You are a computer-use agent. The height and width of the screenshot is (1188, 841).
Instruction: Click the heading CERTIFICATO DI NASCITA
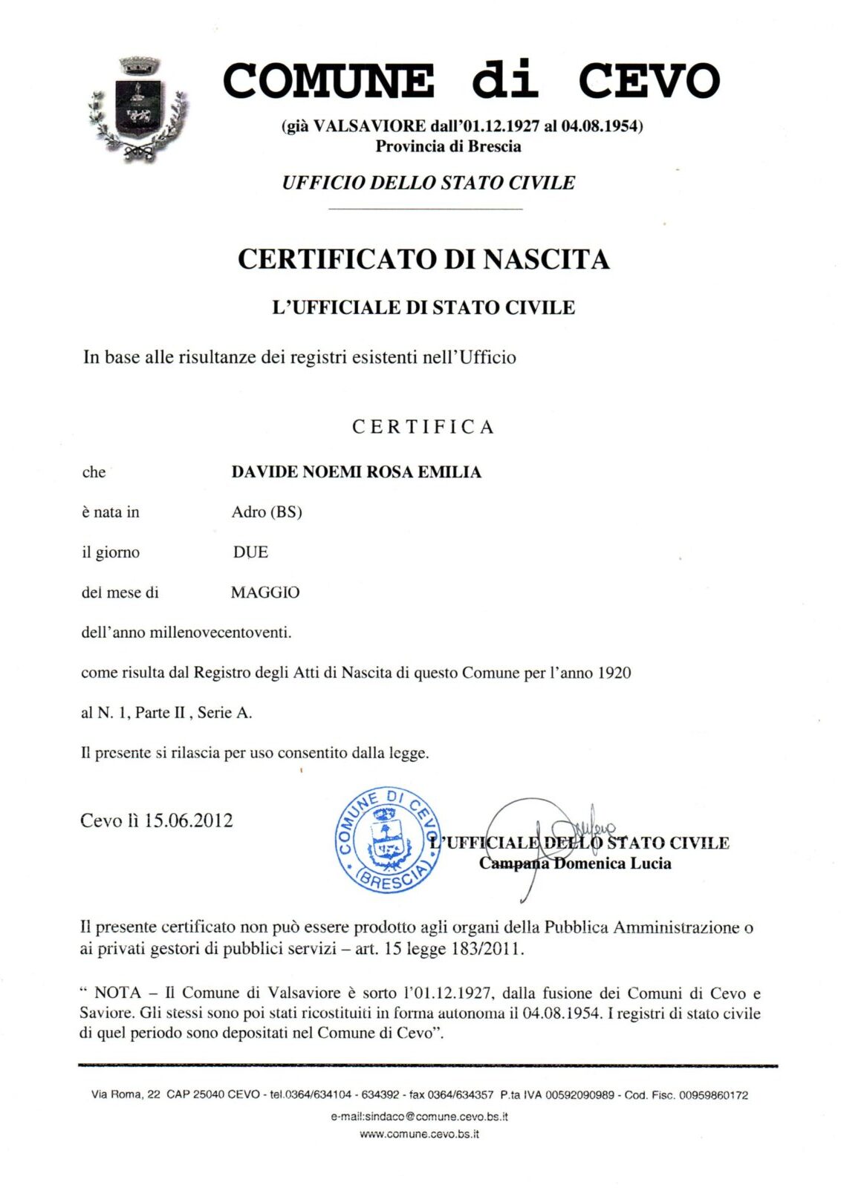423,259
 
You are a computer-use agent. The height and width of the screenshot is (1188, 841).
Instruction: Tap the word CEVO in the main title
649,81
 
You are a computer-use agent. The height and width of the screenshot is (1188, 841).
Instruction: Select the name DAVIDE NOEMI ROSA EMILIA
356,472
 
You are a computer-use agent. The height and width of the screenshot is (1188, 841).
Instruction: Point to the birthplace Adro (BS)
267,512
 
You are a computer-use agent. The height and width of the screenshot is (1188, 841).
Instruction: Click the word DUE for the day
250,552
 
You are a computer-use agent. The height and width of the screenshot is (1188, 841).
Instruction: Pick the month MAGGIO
265,593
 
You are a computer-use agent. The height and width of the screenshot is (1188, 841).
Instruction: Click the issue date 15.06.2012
188,820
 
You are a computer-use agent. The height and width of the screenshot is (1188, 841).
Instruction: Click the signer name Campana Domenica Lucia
575,864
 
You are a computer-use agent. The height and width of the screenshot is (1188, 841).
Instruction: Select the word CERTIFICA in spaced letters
423,427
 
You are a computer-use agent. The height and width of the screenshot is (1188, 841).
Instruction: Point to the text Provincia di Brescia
448,146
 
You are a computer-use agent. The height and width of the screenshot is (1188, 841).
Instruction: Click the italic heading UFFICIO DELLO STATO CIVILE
428,183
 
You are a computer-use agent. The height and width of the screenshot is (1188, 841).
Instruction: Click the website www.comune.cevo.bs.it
419,1134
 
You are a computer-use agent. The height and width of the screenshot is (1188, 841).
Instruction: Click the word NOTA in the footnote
117,993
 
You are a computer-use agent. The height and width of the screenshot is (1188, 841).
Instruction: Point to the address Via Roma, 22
126,1094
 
